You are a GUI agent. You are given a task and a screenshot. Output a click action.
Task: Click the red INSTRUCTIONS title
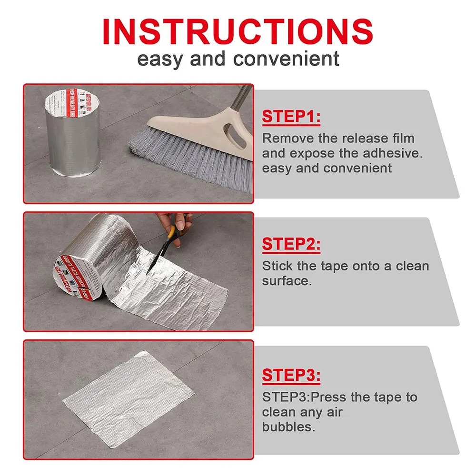point(238,31)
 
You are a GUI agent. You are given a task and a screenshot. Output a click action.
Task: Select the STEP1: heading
point(291,117)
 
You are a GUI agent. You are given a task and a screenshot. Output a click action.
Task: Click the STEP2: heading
point(291,245)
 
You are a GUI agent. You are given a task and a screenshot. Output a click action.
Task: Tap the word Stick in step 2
point(275,266)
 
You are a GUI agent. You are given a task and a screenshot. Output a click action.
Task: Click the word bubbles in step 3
point(288,426)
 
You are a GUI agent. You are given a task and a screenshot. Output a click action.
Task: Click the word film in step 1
point(404,139)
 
